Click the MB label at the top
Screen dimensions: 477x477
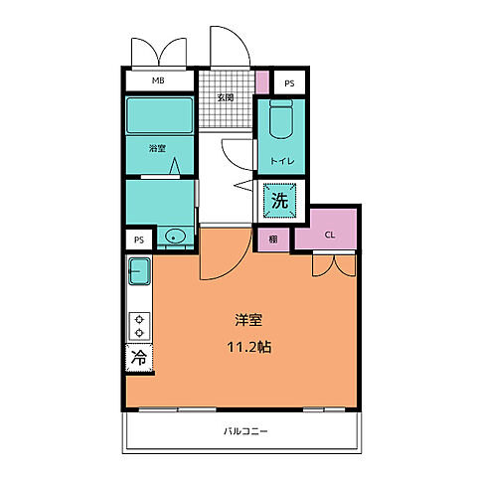click(x=159, y=81)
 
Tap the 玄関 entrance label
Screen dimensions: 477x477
click(x=226, y=97)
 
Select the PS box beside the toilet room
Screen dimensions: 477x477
click(x=288, y=83)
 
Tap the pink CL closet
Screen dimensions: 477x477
click(x=330, y=235)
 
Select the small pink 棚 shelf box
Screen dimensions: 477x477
click(x=272, y=238)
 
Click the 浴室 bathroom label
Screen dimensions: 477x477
click(x=157, y=149)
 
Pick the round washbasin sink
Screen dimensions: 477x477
click(x=176, y=237)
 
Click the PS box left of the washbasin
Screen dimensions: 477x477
click(x=139, y=238)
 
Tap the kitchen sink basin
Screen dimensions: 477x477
click(x=139, y=269)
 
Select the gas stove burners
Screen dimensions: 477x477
click(x=139, y=326)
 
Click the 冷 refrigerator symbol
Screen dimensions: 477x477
click(x=139, y=358)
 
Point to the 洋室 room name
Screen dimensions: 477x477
click(x=248, y=320)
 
